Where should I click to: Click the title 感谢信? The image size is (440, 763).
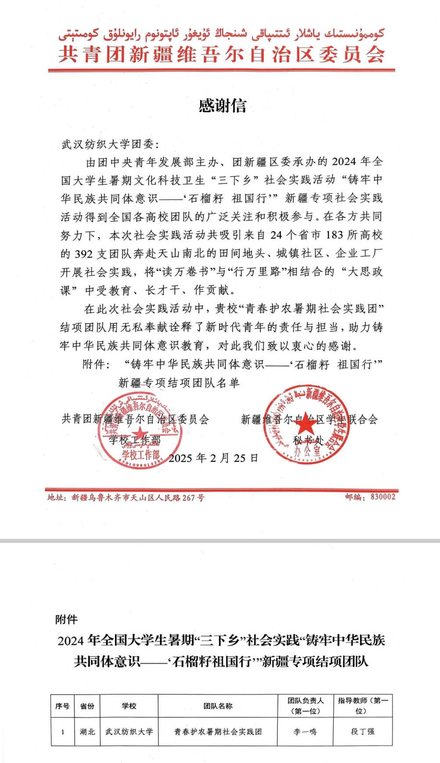[x=223, y=106]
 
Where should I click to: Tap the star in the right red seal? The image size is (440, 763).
[x=307, y=425]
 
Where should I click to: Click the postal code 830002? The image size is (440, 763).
[x=383, y=497]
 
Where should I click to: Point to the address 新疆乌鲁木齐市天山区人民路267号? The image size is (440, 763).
[x=138, y=498]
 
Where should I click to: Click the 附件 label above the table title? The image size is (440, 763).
[x=66, y=620]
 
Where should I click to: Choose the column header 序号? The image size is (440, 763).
[x=62, y=706]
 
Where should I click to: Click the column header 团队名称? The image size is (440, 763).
[x=218, y=706]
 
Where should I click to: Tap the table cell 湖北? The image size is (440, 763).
[x=87, y=731]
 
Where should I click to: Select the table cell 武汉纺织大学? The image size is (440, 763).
[x=129, y=731]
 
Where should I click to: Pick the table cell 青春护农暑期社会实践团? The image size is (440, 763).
[x=218, y=731]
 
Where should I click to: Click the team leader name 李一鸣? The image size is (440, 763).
[x=305, y=731]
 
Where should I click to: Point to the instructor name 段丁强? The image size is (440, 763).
[x=363, y=731]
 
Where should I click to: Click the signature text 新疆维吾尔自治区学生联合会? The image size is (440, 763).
[x=309, y=420]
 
